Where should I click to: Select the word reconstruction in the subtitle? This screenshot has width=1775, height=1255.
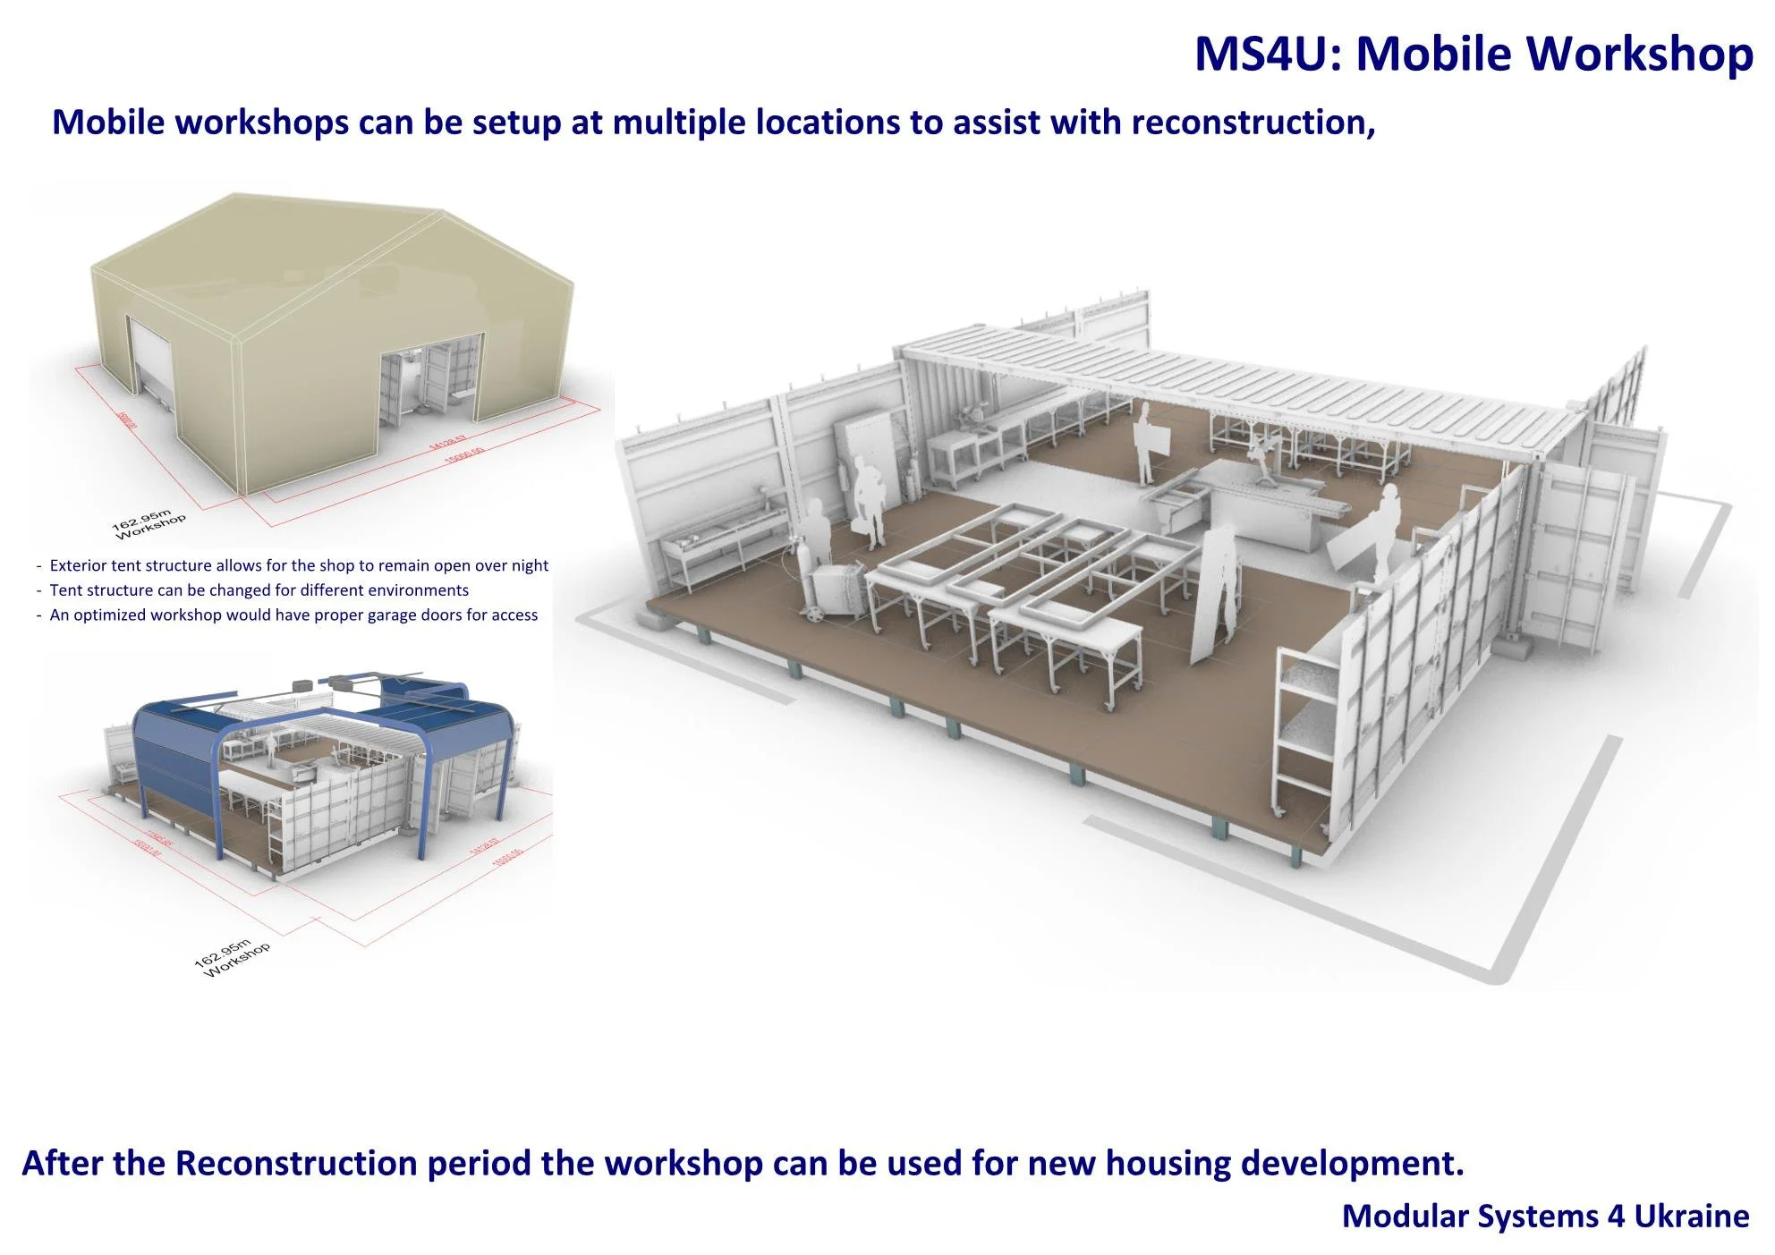(x=1253, y=123)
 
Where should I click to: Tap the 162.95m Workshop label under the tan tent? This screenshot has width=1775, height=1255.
(x=149, y=524)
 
